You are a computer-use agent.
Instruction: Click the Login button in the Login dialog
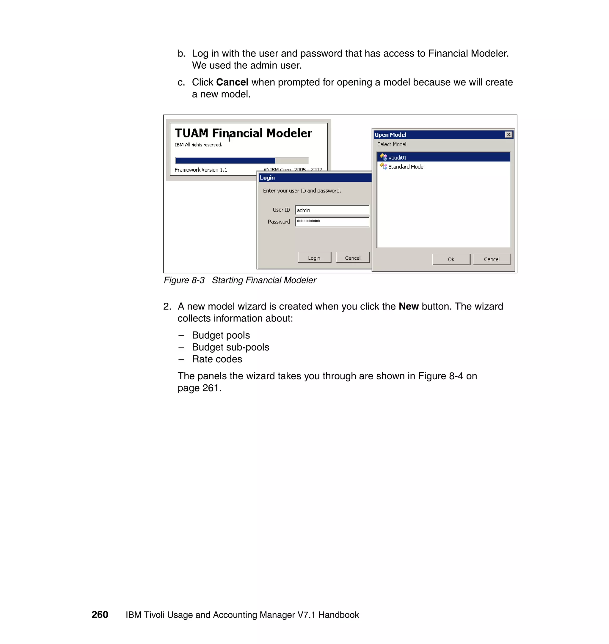click(x=314, y=258)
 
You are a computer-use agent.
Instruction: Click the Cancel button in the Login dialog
click(x=353, y=258)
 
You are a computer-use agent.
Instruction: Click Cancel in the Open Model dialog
click(x=492, y=259)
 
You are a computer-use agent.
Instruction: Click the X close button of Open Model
click(x=509, y=135)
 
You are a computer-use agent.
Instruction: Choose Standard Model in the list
click(x=406, y=167)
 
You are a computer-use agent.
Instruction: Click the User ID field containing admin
click(x=332, y=210)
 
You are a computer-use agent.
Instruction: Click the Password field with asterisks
click(x=332, y=222)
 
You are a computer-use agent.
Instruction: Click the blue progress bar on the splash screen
click(x=225, y=160)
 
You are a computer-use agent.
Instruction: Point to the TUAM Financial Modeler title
click(x=243, y=133)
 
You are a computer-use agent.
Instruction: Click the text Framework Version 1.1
click(x=201, y=170)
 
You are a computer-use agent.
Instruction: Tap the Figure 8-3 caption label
click(x=184, y=280)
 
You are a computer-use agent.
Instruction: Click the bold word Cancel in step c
click(x=232, y=82)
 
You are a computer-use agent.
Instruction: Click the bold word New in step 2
click(x=408, y=307)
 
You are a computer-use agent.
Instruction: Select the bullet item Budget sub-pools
click(x=230, y=347)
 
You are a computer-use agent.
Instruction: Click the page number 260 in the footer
click(x=100, y=615)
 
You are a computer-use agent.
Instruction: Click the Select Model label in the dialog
click(x=392, y=144)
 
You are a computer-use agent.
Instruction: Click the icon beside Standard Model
click(x=383, y=166)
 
